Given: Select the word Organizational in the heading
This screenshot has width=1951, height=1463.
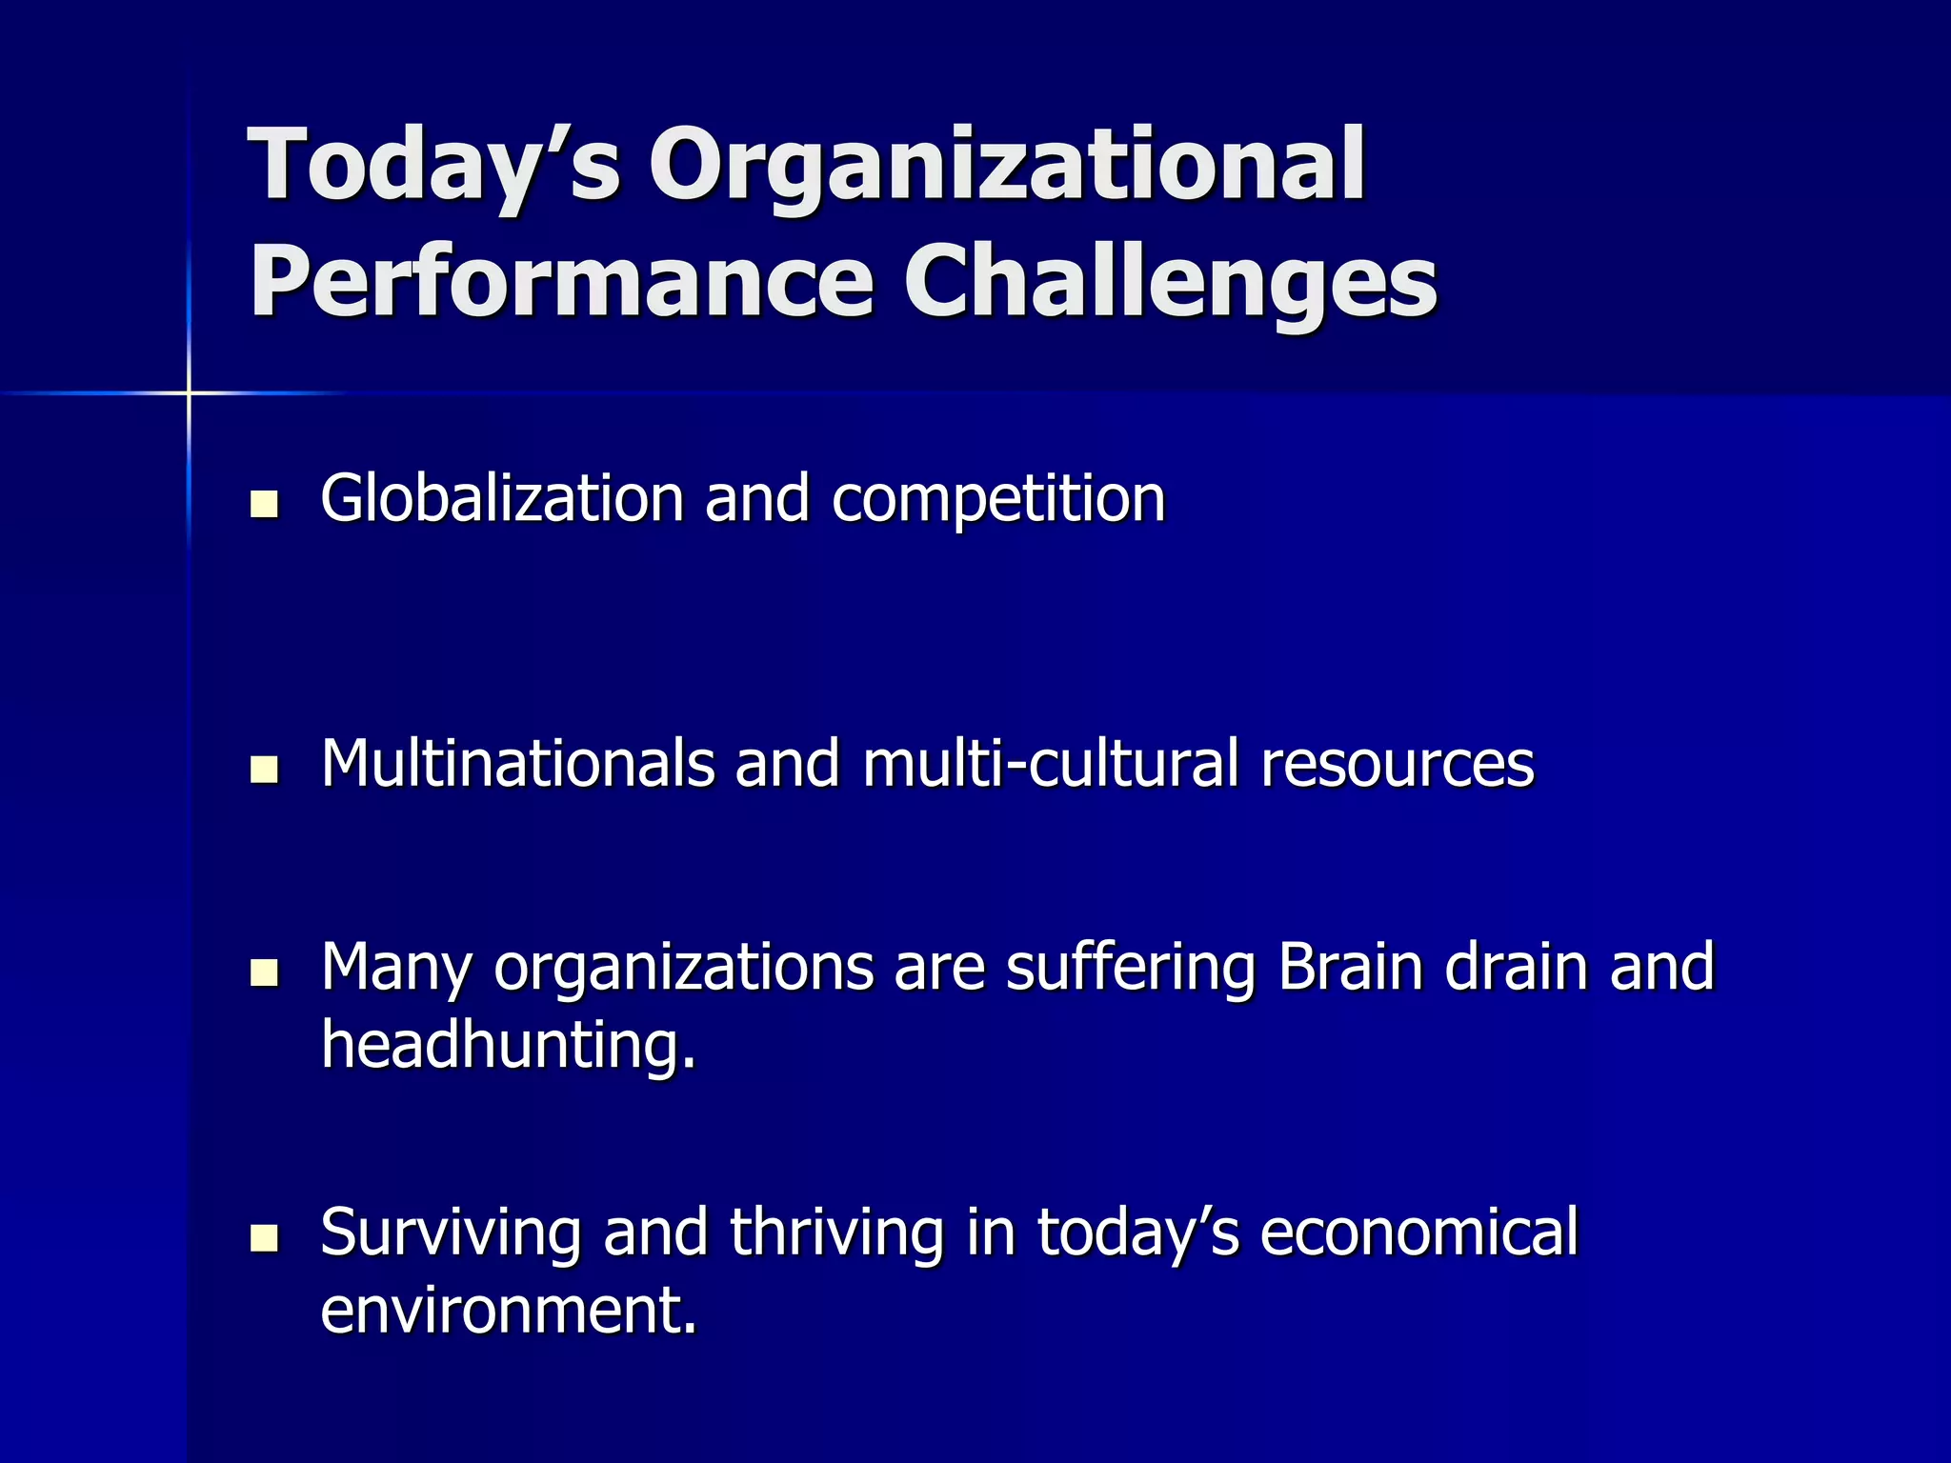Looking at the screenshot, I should (x=1007, y=168).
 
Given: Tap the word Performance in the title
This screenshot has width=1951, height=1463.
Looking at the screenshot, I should (x=561, y=281).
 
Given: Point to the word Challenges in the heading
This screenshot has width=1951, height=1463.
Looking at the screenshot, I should (x=1170, y=281).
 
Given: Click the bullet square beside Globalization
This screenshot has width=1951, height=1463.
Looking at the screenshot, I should (x=264, y=504).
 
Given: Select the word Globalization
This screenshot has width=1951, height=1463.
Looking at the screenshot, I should (x=502, y=498).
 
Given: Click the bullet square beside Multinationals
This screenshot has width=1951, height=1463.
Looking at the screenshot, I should (x=264, y=769).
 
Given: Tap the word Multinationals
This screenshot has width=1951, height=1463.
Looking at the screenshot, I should (x=517, y=763).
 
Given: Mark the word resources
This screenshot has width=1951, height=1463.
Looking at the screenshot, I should (x=1398, y=765).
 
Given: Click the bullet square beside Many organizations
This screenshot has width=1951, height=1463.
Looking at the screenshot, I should (x=264, y=972).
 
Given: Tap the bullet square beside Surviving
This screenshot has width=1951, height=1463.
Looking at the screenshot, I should (x=264, y=1238).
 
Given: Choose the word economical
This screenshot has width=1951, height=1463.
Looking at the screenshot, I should (x=1419, y=1233).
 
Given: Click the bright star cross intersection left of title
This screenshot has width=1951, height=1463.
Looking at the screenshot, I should (x=189, y=392).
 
